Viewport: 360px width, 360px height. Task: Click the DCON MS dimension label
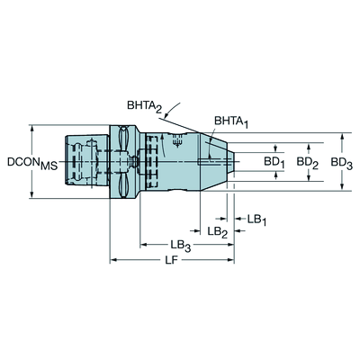[32, 164]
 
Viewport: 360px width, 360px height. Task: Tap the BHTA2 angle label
[144, 106]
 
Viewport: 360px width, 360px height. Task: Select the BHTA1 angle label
[231, 121]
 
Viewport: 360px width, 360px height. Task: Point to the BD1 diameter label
[274, 163]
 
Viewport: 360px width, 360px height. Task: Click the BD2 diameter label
[308, 163]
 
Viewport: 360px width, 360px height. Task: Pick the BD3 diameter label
[342, 163]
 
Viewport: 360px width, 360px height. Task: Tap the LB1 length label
[256, 220]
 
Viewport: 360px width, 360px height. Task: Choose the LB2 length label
[218, 231]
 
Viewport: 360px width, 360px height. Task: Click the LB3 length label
[181, 245]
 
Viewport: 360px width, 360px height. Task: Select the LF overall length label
[172, 260]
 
